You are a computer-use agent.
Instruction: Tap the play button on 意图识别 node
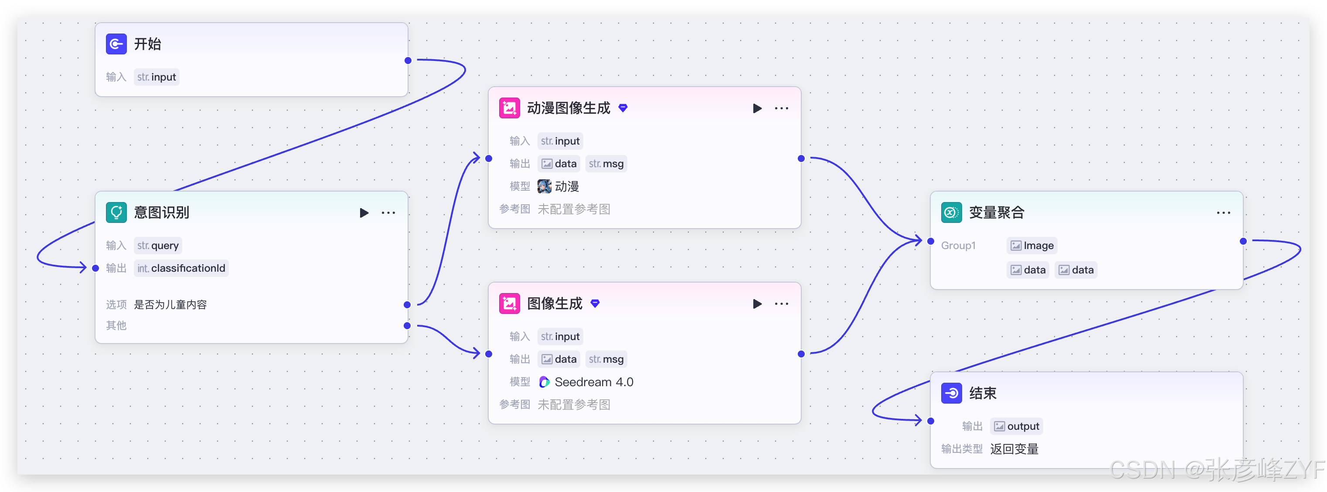[x=364, y=212]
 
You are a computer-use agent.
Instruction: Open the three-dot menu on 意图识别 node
[x=388, y=212]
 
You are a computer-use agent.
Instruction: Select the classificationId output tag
[x=181, y=268]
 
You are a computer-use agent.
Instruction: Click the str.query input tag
[x=158, y=246]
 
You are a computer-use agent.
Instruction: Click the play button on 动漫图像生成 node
[x=757, y=108]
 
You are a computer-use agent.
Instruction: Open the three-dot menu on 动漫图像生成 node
[x=782, y=108]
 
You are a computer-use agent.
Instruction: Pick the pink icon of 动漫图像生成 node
[x=509, y=108]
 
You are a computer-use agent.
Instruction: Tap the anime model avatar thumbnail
[x=544, y=186]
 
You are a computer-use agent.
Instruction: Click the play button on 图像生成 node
[x=757, y=303]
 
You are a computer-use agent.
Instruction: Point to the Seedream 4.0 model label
[x=593, y=382]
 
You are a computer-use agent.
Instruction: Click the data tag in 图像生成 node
[x=559, y=359]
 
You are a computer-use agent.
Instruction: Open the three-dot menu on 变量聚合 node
[x=1223, y=212]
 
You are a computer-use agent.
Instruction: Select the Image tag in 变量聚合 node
[x=1032, y=246]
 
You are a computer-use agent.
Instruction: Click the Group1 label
[x=958, y=246]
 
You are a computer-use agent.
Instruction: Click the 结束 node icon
[x=951, y=393]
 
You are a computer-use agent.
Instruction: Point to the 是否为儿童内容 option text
[x=170, y=305]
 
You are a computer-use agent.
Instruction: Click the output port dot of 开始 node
[x=408, y=60]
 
